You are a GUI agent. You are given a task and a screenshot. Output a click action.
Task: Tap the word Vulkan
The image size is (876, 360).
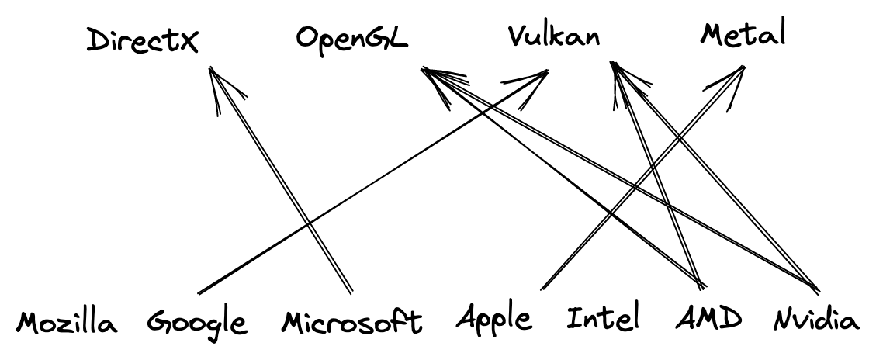(555, 37)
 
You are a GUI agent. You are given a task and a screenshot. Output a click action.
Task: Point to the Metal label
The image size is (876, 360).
(743, 34)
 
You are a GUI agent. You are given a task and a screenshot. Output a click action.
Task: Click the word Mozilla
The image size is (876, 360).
(68, 320)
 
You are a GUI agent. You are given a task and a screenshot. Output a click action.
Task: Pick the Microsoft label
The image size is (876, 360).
(351, 320)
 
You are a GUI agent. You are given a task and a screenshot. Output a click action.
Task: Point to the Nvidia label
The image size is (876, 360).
(816, 318)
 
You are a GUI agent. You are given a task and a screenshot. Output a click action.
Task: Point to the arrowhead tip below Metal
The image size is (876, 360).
(743, 67)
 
